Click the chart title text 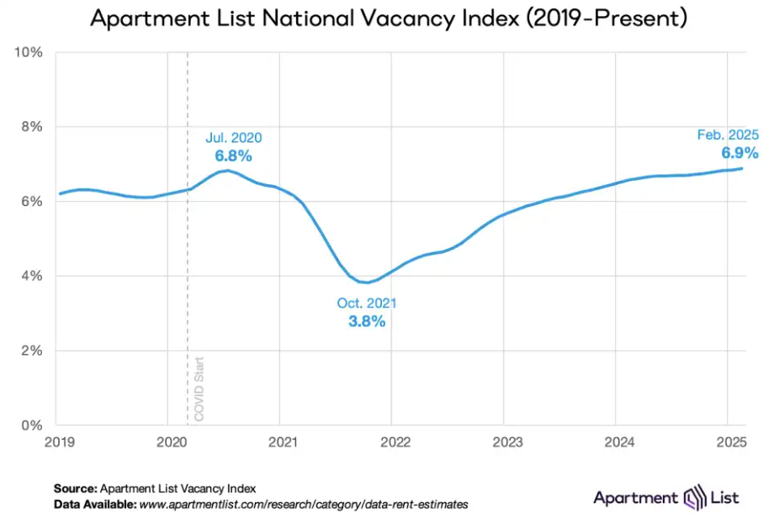click(388, 19)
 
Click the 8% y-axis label click(32, 127)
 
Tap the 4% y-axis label click(32, 276)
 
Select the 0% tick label click(32, 425)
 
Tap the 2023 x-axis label click(505, 442)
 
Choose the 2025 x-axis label click(728, 442)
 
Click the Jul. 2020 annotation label click(234, 138)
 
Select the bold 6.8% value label click(234, 156)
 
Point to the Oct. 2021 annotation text click(367, 303)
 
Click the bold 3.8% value click(367, 321)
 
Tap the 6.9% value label click(740, 153)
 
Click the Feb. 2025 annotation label click(728, 135)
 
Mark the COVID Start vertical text click(199, 390)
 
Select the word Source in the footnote click(75, 488)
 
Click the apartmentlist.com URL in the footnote click(303, 504)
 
